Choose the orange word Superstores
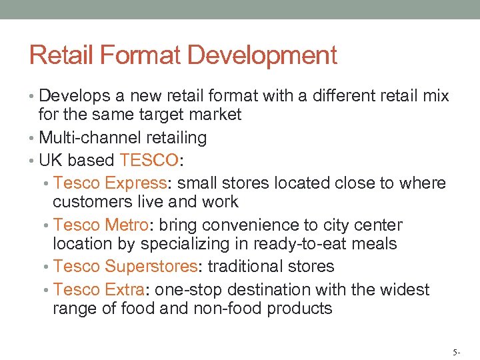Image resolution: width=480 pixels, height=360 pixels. [151, 267]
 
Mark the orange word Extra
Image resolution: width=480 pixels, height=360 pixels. [124, 289]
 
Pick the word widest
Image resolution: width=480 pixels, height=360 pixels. [406, 289]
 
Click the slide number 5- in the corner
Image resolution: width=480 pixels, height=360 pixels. [455, 349]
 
